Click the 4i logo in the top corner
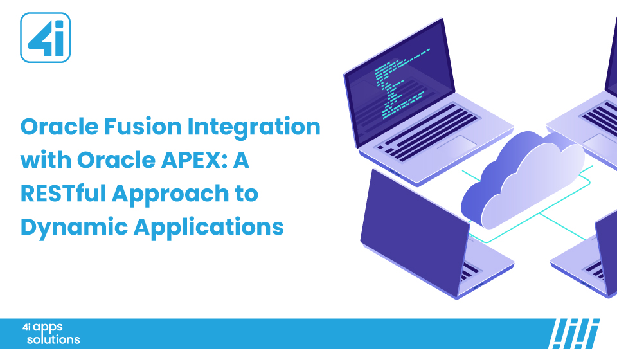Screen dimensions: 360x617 [x=45, y=38]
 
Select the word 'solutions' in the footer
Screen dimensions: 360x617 [x=53, y=339]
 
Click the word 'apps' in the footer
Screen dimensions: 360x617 [x=49, y=327]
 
